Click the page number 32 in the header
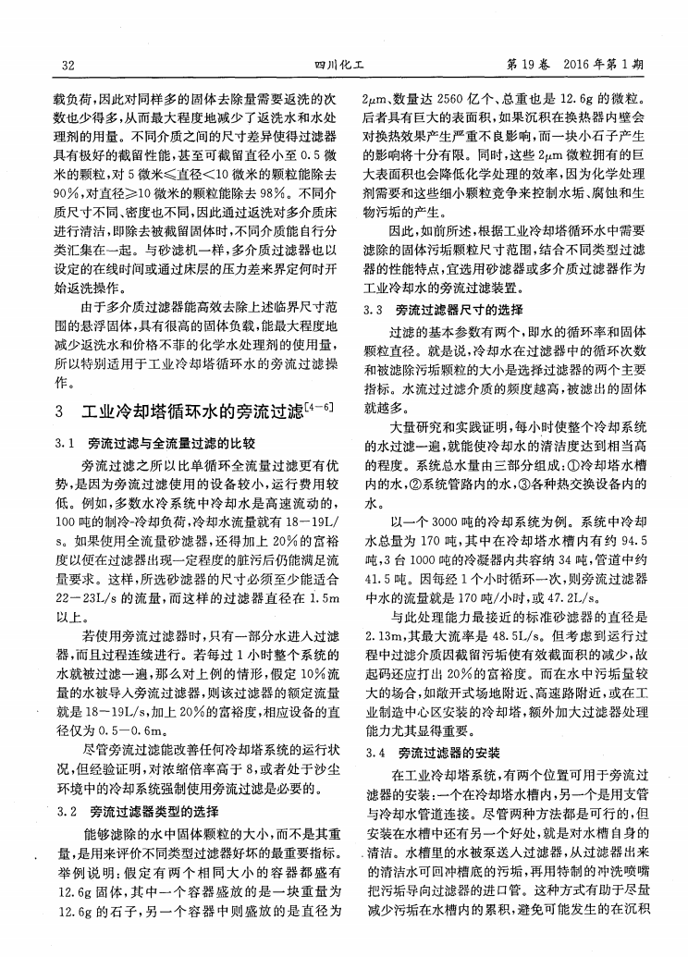coord(67,66)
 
